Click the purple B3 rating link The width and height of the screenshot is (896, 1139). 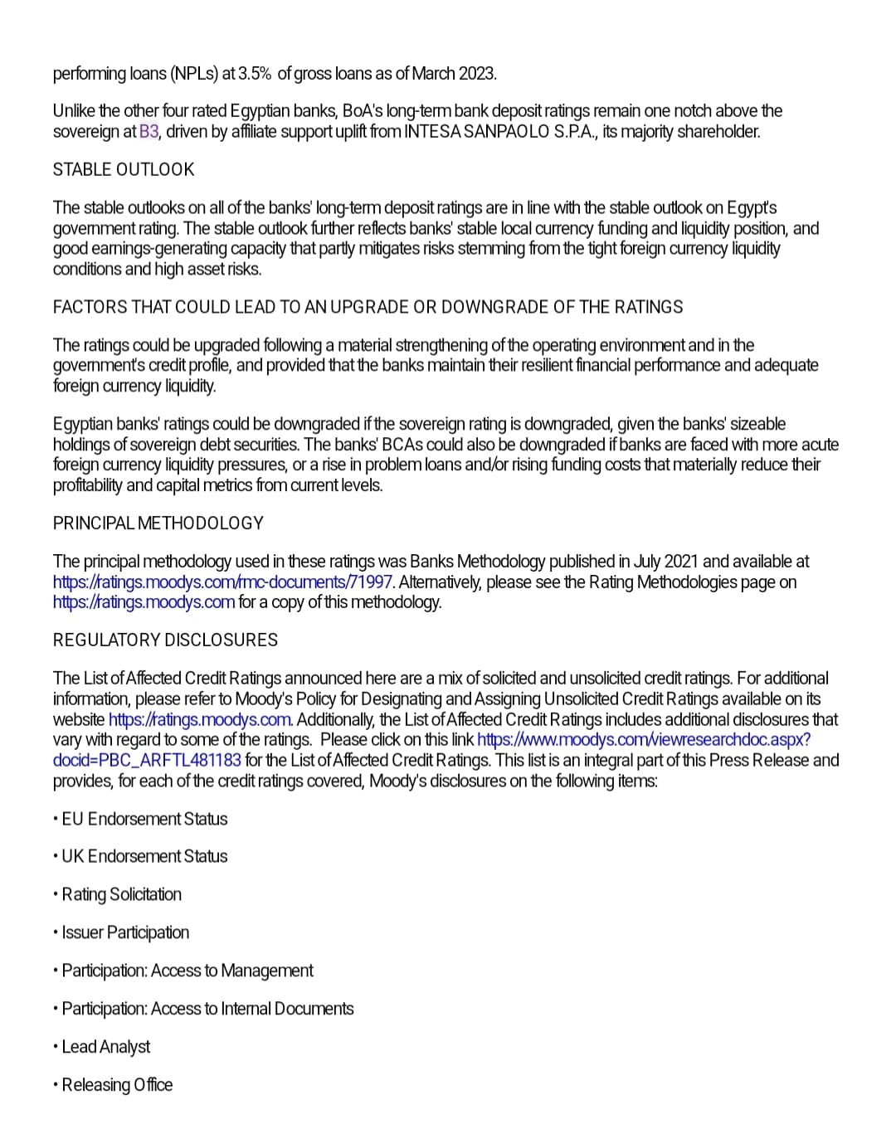(x=149, y=131)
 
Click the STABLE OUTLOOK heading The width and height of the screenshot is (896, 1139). (x=123, y=169)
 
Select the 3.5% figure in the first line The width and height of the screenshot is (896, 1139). (x=255, y=73)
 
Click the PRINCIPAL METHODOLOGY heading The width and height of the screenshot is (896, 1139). (x=158, y=523)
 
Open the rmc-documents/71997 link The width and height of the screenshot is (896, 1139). (x=222, y=582)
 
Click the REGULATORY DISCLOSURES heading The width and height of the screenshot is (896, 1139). (x=165, y=640)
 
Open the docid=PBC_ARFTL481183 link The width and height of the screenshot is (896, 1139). (x=147, y=760)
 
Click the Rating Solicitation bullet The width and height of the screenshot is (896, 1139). (x=121, y=894)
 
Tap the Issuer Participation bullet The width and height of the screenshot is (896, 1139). (x=125, y=932)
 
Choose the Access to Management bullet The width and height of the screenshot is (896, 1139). (x=187, y=971)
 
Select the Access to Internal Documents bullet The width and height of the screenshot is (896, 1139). (x=207, y=1009)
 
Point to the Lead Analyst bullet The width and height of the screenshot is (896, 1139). (x=106, y=1047)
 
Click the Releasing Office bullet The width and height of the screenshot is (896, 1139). (x=117, y=1085)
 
